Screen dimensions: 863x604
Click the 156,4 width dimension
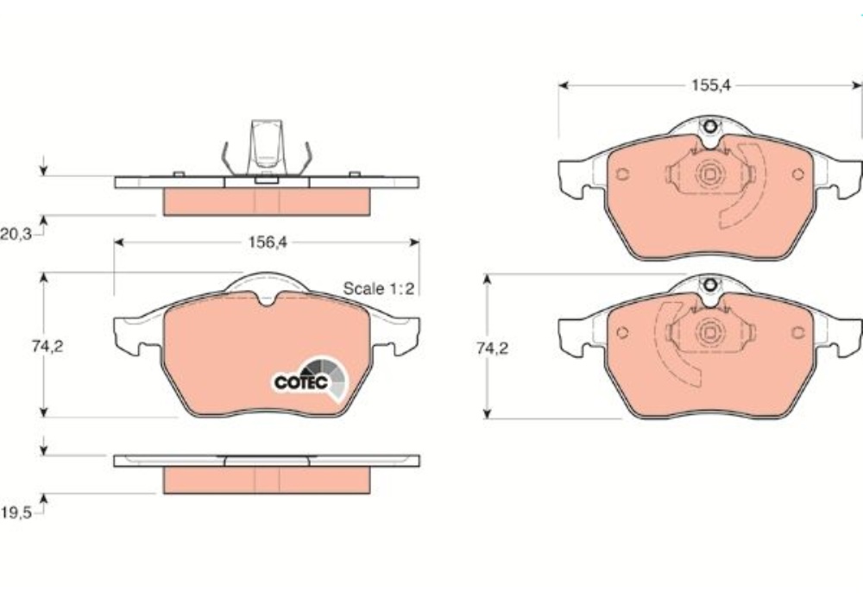268,242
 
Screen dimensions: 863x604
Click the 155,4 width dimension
711,85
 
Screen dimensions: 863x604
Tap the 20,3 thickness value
16,235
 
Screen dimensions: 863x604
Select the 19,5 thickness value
16,513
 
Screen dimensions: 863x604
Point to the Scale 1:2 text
378,288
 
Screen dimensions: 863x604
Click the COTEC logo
311,379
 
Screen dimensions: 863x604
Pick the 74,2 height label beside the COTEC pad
47,347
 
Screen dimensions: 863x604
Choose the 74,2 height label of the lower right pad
493,349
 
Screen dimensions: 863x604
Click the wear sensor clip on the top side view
267,149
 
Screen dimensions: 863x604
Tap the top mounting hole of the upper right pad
710,127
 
